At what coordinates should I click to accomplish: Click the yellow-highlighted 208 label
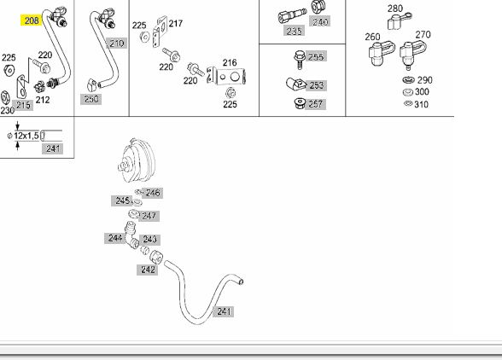[x=31, y=20]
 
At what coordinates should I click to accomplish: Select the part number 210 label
[x=116, y=44]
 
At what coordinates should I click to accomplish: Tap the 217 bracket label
[x=176, y=23]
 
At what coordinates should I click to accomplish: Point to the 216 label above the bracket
[x=230, y=62]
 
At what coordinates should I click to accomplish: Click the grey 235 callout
[x=294, y=31]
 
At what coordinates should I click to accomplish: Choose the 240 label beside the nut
[x=320, y=21]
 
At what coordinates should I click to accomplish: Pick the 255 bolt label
[x=316, y=56]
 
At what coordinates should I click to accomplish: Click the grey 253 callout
[x=316, y=85]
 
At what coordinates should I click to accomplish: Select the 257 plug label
[x=316, y=104]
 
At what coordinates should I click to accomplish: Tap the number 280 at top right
[x=394, y=9]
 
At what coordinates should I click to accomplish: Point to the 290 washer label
[x=425, y=80]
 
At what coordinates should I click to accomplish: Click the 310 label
[x=422, y=104]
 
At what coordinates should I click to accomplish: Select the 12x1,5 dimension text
[x=26, y=136]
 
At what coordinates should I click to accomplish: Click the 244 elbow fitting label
[x=115, y=238]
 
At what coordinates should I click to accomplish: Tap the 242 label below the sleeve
[x=148, y=270]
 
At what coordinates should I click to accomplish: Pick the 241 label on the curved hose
[x=224, y=311]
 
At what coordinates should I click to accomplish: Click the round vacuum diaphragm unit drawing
[x=137, y=160]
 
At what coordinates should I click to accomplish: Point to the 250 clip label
[x=90, y=99]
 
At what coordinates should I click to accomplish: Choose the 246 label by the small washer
[x=153, y=193]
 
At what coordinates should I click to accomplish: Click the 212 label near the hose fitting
[x=43, y=100]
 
